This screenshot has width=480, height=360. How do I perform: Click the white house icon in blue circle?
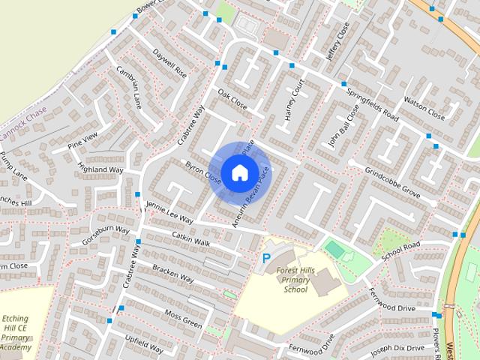pos(239,172)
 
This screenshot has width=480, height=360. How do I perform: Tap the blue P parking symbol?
pos(265,259)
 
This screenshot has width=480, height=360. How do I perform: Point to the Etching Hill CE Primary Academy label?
pos(16,333)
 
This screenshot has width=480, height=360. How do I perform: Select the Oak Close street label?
pos(232,100)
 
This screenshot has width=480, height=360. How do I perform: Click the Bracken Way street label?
pos(172,274)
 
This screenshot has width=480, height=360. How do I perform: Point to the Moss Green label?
pos(183,319)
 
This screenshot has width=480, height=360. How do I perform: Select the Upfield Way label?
pos(143,345)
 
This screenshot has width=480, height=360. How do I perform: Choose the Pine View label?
pos(82,139)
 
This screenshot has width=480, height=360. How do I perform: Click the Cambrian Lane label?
pos(129,86)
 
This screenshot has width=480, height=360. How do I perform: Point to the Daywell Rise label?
pos(169,64)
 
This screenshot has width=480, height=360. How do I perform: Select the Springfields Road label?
pos(372,104)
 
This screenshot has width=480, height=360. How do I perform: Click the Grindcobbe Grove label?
pos(392,181)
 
